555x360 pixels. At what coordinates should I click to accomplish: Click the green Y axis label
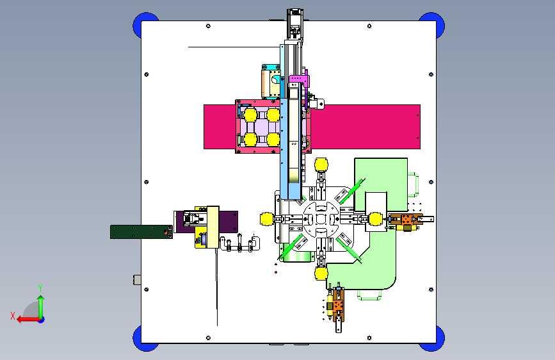40,288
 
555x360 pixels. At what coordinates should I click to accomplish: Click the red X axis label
13,316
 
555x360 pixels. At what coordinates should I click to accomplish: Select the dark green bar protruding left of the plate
141,232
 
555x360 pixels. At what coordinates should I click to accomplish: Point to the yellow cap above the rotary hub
321,165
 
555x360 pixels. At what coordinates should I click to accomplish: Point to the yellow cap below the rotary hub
321,274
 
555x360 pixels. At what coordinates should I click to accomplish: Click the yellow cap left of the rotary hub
266,219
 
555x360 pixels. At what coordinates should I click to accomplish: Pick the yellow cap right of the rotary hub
376,219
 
